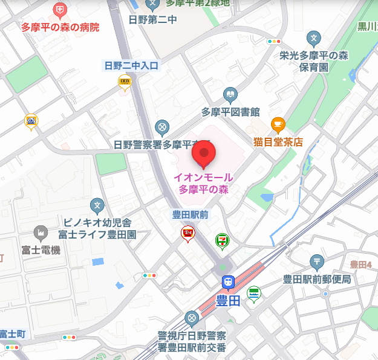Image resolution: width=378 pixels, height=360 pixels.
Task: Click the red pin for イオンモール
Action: point(204,155)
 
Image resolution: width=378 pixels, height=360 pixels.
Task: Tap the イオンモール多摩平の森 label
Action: point(203,184)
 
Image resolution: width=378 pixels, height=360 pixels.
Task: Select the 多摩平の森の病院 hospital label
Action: point(60,27)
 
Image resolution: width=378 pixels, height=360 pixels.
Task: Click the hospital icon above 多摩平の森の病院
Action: point(60,10)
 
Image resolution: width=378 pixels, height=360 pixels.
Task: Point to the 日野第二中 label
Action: point(152,19)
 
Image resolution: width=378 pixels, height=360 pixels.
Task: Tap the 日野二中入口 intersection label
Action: point(131,65)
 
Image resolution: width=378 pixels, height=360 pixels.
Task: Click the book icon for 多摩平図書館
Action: point(230,95)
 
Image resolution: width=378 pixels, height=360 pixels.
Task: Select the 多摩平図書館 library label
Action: point(230,112)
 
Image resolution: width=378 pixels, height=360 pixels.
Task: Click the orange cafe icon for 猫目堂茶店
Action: point(278,125)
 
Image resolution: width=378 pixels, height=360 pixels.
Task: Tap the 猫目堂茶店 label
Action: point(278,142)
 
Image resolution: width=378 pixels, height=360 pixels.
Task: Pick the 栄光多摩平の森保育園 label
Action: point(314,61)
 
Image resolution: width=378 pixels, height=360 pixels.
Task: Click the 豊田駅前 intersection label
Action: point(190,214)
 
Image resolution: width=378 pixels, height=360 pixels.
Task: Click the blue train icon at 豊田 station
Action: point(228,282)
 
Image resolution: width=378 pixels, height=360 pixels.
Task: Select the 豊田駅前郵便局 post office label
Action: point(317,279)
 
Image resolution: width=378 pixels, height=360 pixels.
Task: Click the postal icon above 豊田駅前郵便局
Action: point(317,262)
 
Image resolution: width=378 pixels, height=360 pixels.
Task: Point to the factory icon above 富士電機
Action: point(41,233)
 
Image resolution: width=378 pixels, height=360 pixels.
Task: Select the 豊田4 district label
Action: point(360,264)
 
